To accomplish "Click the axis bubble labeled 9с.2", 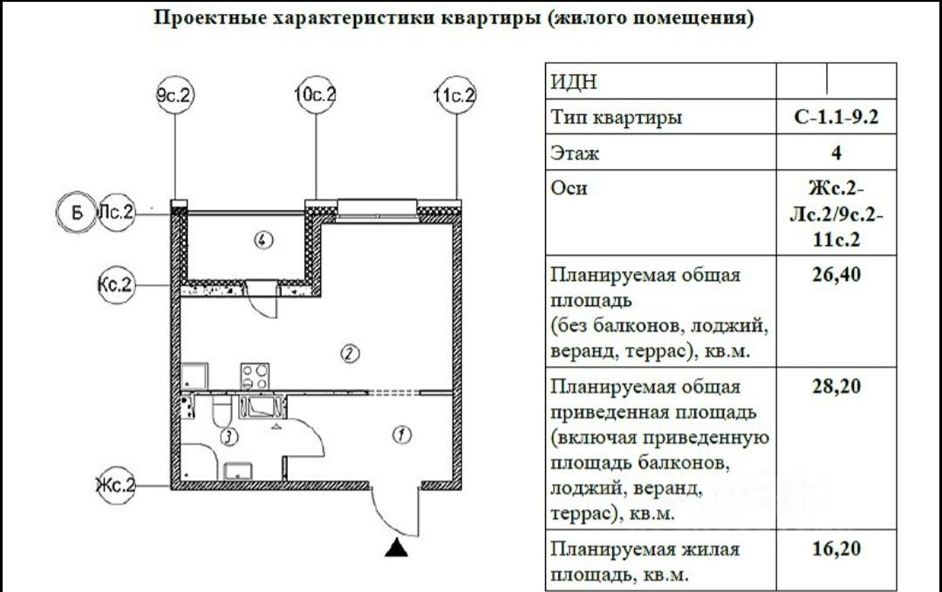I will tap(175, 96).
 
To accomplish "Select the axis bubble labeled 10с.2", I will tap(316, 96).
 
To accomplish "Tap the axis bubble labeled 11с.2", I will tap(455, 96).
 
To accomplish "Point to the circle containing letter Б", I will tap(76, 213).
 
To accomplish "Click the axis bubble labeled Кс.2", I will tap(117, 285).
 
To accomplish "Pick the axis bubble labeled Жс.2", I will tap(117, 485).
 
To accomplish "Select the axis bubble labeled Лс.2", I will tap(117, 213).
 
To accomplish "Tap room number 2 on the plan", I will tap(349, 353).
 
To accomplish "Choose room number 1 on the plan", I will tap(400, 434).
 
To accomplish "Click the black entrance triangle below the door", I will tap(398, 548).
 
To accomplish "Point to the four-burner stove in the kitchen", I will tap(255, 376).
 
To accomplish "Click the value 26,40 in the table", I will tap(836, 276).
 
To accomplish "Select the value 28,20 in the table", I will tap(836, 386).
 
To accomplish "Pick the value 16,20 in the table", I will tap(836, 549).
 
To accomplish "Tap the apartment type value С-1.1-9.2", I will tap(836, 118).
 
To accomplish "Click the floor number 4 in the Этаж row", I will tap(836, 154).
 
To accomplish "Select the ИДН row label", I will tap(574, 82).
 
